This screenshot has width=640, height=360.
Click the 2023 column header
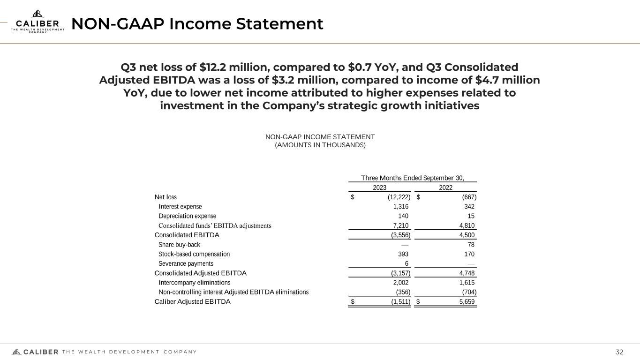[x=379, y=187]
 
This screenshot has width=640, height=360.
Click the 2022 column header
[x=445, y=187]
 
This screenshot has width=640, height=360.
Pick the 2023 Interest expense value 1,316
[x=401, y=207]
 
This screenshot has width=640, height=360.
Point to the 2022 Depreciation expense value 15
[x=471, y=216]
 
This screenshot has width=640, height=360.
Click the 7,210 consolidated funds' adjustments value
[x=401, y=225]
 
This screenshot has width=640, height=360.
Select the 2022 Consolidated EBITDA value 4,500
[x=467, y=235]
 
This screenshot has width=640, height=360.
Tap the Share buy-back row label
[x=179, y=245]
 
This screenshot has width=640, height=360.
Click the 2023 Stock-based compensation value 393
[x=403, y=254]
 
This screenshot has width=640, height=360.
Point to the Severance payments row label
[x=186, y=263]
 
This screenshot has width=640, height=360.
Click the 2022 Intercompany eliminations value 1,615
[x=467, y=283]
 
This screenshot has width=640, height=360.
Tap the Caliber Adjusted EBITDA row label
[x=192, y=301]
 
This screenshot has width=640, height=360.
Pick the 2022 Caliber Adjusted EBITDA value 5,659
[x=467, y=301]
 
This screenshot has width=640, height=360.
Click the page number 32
[x=619, y=352]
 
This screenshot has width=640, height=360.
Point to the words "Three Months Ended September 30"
[x=412, y=178]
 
